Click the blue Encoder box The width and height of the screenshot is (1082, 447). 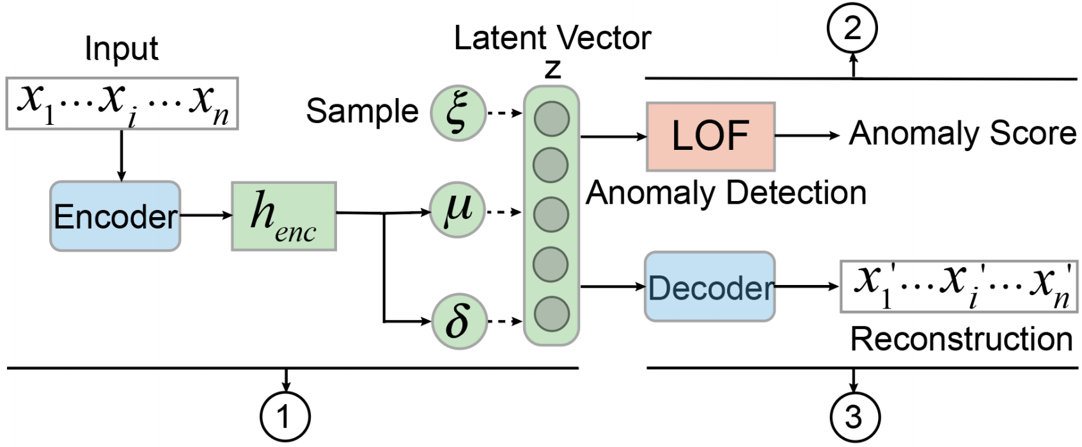115,216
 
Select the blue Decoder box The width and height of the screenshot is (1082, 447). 709,286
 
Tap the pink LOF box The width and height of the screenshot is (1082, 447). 710,136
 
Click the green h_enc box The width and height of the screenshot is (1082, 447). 284,216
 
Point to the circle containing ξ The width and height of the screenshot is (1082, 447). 458,113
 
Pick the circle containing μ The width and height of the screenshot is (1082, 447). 458,210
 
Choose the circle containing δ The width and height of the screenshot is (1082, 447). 458,321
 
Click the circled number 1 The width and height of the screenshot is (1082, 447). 285,417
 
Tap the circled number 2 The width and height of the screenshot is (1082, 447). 852,29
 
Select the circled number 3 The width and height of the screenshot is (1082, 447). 854,418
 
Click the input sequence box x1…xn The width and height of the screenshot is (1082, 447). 122,103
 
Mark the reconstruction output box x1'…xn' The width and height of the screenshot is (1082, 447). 959,286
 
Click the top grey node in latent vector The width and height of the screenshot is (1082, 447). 551,118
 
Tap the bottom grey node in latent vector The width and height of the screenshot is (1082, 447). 551,313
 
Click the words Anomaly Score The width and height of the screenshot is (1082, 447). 962,134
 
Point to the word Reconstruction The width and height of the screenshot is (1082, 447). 960,339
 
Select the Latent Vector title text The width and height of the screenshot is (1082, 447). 552,38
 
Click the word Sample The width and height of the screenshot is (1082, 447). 361,111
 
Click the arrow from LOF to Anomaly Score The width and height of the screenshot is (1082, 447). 807,136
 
